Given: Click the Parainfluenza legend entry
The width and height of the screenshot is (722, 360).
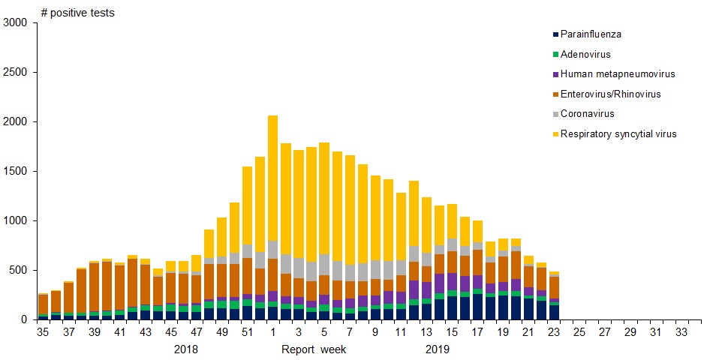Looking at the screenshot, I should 591,34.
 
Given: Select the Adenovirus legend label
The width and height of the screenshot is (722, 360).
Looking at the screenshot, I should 585,55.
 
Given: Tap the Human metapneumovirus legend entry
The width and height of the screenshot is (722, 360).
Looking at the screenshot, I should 618,74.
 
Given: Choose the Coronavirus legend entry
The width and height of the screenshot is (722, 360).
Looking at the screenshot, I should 588,114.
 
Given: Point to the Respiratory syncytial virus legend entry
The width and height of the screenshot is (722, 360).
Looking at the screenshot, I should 618,134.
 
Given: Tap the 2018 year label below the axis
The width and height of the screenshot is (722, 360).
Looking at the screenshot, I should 186,349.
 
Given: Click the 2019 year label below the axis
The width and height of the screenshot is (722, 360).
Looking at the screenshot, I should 438,349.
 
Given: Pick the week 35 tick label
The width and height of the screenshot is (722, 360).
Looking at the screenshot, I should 43,332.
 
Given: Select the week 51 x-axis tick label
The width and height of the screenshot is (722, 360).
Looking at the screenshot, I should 247,332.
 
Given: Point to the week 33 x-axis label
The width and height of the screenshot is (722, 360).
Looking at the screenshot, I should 682,332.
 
